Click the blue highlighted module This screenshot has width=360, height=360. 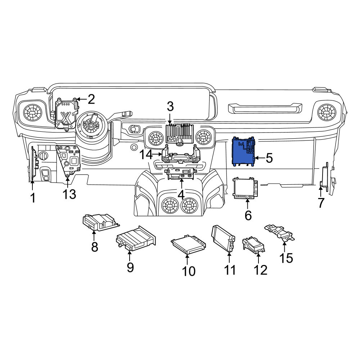point(244,152)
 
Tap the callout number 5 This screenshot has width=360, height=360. point(269,158)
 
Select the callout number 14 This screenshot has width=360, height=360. point(146,154)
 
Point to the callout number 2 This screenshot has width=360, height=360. point(91,99)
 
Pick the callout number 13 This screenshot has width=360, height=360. point(69,194)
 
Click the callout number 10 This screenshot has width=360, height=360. point(189,271)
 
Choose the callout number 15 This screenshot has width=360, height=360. point(286,258)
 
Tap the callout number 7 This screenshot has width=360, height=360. point(321,203)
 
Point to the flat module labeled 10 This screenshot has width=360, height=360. point(188,244)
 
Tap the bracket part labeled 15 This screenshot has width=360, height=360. point(280,233)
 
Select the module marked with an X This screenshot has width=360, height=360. point(66,114)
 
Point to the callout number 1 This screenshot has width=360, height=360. point(33,198)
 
